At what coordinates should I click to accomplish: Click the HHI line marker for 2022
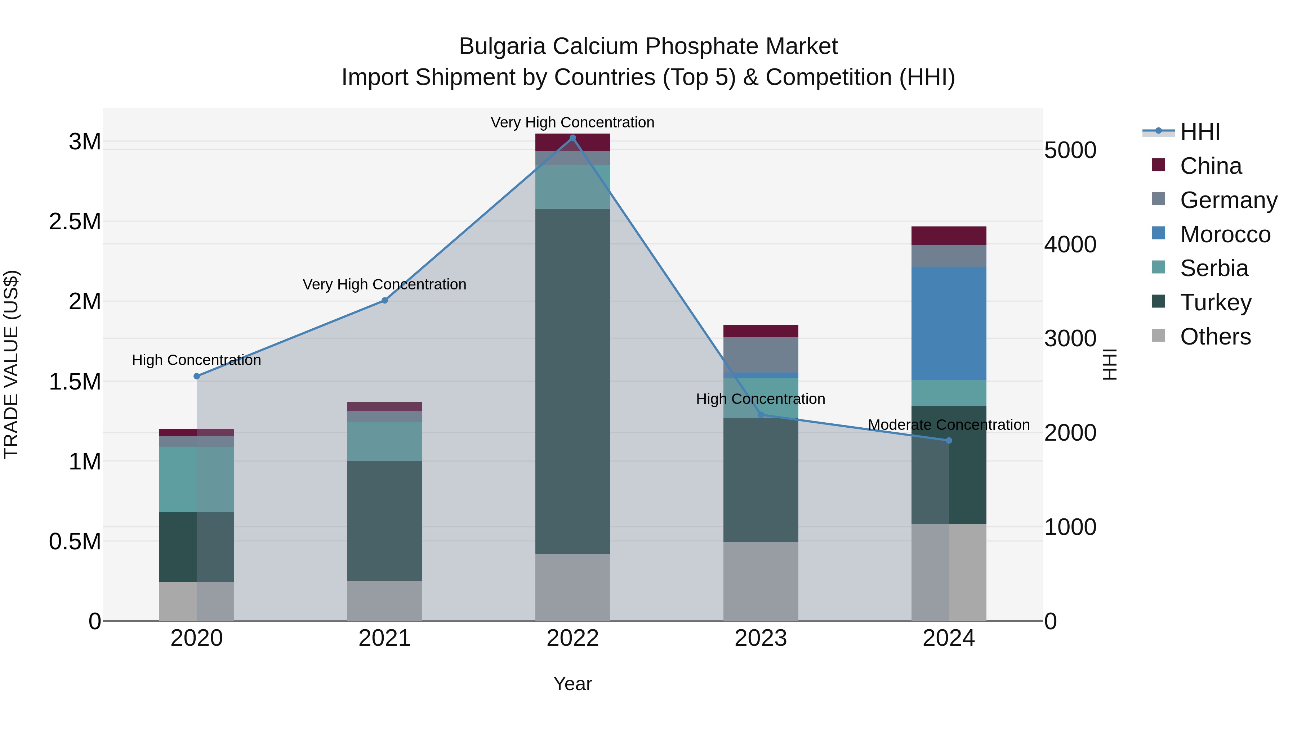click(x=572, y=138)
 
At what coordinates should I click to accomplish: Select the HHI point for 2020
click(x=197, y=376)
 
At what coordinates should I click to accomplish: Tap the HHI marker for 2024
click(x=949, y=441)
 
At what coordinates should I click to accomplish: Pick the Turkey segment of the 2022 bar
click(x=572, y=381)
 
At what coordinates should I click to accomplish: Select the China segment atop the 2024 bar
click(x=949, y=235)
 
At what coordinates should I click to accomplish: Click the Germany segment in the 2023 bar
click(x=761, y=355)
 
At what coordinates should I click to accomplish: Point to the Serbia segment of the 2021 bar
click(x=385, y=441)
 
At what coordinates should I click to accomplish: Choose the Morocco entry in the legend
click(x=1225, y=234)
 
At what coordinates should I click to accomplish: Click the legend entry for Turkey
click(x=1216, y=302)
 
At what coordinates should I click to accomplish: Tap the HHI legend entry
click(x=1199, y=132)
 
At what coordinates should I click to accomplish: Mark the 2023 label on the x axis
click(x=761, y=638)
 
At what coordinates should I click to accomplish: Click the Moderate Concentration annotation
click(x=949, y=425)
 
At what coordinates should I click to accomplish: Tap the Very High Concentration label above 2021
click(x=385, y=284)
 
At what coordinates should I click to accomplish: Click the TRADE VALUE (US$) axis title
click(x=12, y=364)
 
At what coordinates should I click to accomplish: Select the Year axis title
click(x=572, y=684)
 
